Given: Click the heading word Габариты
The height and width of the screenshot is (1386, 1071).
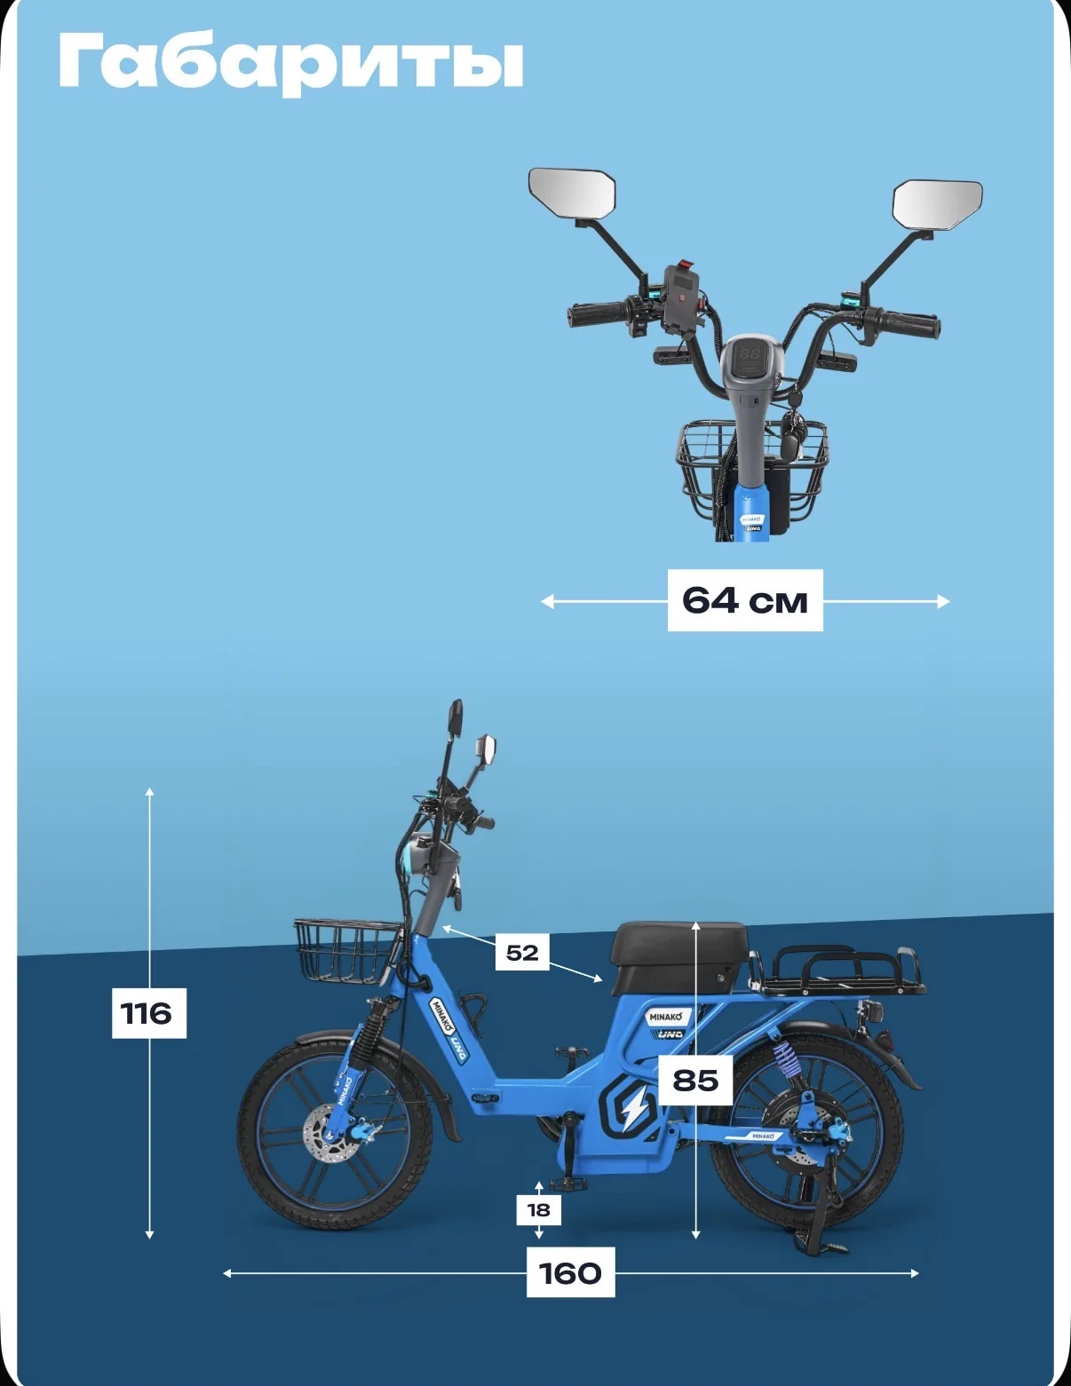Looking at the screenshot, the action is [291, 62].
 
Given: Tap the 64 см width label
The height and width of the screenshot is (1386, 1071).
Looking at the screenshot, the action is [745, 600].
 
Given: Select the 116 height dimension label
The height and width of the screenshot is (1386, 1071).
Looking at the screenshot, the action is [148, 1013].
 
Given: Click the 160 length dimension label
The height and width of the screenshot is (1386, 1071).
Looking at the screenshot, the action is [570, 1273].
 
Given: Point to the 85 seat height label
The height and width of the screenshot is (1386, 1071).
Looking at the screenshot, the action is [695, 1081].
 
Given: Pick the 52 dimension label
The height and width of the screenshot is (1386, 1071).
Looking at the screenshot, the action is [522, 953].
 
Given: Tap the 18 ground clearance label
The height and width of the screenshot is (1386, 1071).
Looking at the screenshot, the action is [538, 1210].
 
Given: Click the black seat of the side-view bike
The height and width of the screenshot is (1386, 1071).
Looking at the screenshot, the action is [679, 957].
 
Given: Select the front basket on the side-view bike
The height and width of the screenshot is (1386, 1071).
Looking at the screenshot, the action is [346, 950].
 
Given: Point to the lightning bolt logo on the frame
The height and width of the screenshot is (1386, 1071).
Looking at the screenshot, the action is [633, 1109].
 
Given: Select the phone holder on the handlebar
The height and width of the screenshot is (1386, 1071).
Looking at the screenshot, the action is [682, 300].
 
